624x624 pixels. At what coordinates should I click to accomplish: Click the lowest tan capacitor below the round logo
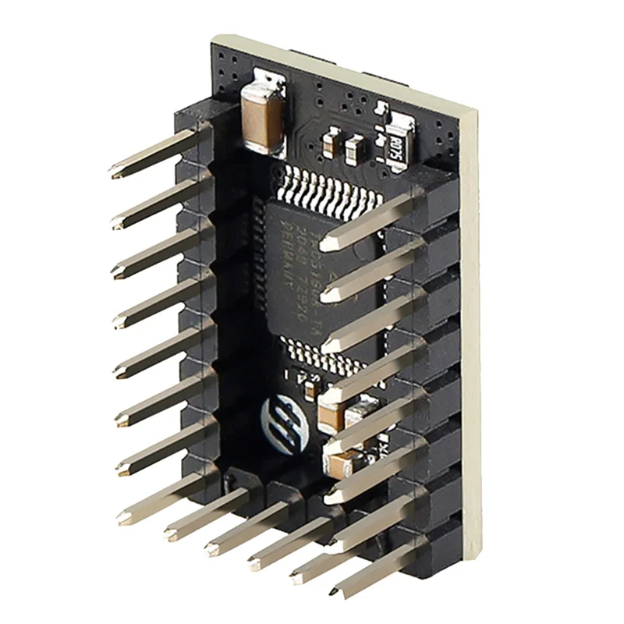[342, 465]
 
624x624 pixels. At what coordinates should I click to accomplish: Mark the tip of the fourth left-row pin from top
[121, 320]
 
